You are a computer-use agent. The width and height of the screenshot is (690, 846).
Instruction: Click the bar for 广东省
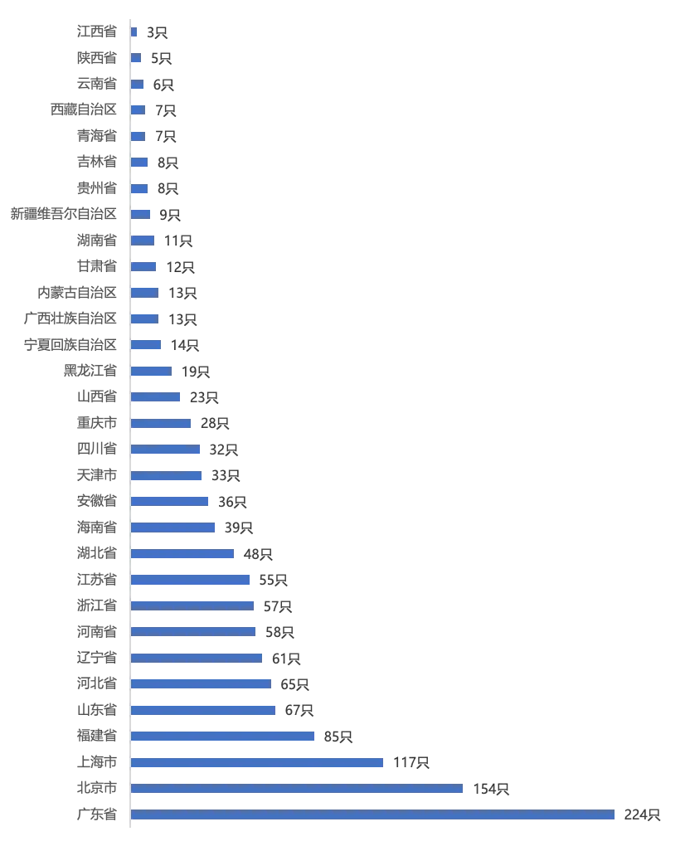point(372,814)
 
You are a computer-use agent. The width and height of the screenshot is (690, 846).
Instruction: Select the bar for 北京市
point(297,788)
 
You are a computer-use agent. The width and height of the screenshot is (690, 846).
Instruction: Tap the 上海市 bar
point(257,762)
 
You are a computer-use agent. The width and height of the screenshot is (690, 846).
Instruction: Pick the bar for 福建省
point(222,736)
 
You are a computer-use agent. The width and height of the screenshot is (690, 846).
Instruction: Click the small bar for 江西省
point(134,32)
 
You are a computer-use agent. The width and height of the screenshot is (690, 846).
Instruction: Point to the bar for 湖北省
point(182,553)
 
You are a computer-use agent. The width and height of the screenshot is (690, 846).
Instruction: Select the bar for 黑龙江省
point(151,372)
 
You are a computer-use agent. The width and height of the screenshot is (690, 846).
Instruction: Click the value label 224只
point(642,814)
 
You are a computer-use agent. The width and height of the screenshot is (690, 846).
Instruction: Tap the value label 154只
point(491,789)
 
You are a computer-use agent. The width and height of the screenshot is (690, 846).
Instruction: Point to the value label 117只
point(411,762)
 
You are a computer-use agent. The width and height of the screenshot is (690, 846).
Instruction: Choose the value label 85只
point(338,737)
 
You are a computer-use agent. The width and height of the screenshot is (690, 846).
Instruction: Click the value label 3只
point(157,33)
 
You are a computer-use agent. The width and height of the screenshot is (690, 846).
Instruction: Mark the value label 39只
point(239,528)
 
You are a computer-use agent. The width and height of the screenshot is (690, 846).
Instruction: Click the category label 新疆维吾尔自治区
point(64,214)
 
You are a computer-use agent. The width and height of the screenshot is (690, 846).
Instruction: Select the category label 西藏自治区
point(84,109)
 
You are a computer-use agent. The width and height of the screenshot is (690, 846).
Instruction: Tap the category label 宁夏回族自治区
point(70,345)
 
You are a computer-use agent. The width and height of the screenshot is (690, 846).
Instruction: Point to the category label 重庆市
point(97,423)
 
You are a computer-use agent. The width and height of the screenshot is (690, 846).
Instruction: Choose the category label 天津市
point(97,475)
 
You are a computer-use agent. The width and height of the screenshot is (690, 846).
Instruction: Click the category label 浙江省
point(97,605)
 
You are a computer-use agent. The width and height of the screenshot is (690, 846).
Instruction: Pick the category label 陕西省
point(97,58)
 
